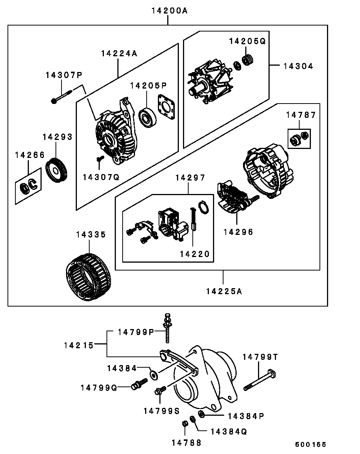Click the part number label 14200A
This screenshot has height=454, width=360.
click(169, 11)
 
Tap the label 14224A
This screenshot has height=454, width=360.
click(119, 54)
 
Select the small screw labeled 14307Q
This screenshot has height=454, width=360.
click(99, 161)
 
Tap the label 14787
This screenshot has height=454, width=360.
click(301, 115)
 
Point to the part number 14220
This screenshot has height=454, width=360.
click(194, 254)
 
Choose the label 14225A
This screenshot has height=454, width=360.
click(224, 291)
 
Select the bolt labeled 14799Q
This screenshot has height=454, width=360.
click(138, 385)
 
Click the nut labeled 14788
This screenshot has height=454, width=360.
click(185, 424)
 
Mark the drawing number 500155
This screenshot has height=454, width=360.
click(310, 445)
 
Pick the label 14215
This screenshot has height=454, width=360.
click(78, 345)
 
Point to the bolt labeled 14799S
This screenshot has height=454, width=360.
click(159, 391)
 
